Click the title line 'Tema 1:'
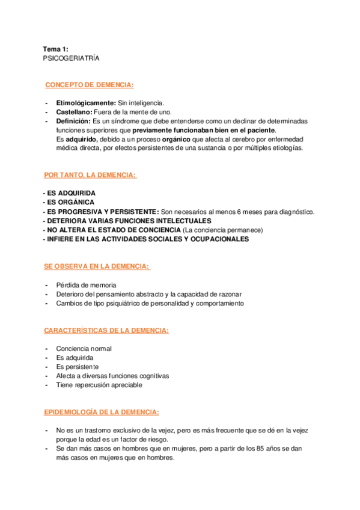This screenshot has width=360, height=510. pos(55,49)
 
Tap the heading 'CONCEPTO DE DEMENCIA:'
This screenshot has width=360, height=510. pos(90,85)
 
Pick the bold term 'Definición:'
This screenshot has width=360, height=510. pos(74,121)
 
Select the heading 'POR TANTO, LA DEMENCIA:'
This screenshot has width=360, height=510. pos(90,175)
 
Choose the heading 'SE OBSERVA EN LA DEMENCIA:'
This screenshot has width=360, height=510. pos(96,266)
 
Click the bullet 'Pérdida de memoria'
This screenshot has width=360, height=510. pos(86,284)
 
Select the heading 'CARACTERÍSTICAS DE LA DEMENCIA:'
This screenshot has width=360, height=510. pos(106,330)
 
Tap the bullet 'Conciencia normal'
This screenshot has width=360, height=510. pos(84,348)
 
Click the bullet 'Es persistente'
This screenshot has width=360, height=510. pos(78,366)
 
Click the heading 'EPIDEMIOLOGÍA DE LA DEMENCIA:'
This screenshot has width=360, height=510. pos(102,412)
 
